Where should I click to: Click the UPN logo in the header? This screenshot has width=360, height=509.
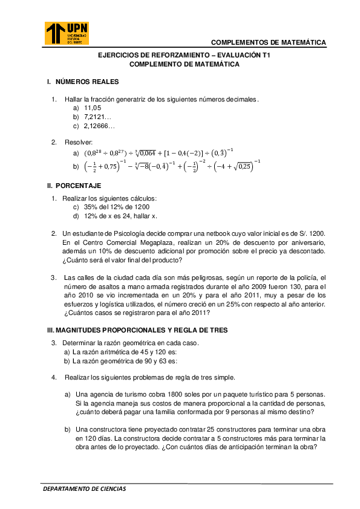pos(67,33)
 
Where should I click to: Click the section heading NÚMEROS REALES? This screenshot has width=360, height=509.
pos(87,82)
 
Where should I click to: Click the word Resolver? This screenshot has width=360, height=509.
pos(79,142)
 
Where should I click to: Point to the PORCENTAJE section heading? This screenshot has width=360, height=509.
pos(78,185)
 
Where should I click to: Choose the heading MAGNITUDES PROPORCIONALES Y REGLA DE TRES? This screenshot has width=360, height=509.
pos(137,330)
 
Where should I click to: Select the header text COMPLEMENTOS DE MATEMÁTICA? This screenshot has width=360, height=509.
pos(269,42)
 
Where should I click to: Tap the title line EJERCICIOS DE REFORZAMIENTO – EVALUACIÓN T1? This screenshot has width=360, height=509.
pos(184,55)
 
